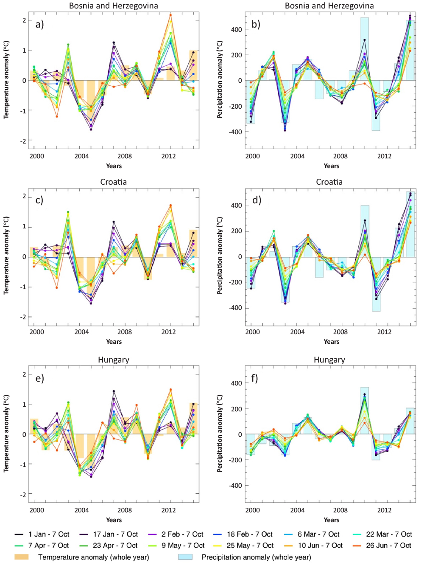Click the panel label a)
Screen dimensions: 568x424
click(39, 24)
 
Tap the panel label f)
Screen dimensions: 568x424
click(254, 378)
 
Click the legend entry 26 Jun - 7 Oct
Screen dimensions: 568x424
click(388, 546)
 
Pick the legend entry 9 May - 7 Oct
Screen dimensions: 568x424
click(183, 546)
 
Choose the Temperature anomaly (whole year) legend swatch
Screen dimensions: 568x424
click(21, 557)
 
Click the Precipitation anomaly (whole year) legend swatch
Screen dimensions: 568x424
click(185, 557)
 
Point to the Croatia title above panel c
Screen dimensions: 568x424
click(113, 182)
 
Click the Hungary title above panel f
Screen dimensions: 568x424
click(329, 360)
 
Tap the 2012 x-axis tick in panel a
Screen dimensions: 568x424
click(168, 156)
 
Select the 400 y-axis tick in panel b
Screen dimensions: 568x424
click(236, 30)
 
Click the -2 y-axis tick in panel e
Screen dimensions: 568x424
click(24, 495)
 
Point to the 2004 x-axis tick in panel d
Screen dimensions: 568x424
click(297, 332)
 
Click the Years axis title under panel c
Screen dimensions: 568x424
click(114, 342)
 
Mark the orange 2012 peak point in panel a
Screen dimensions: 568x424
click(171, 15)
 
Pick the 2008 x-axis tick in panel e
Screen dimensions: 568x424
click(125, 510)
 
